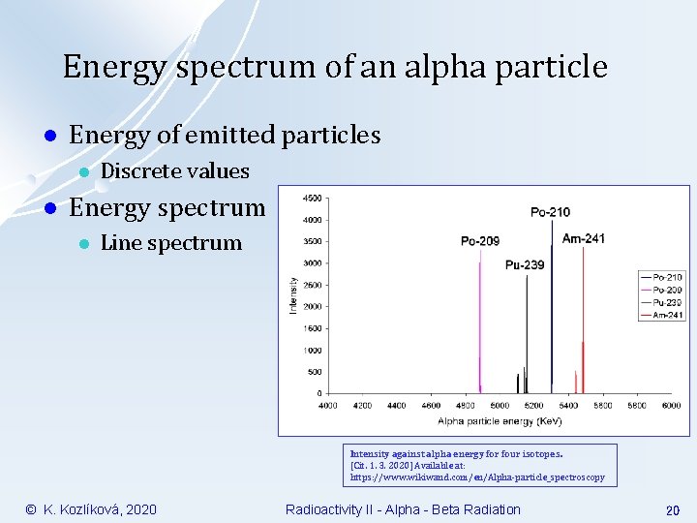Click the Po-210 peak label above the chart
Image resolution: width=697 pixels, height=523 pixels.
550,212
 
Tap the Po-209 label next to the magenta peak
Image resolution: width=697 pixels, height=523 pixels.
480,241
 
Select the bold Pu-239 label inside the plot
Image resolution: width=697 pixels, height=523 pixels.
524,264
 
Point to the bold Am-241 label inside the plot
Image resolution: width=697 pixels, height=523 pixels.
584,239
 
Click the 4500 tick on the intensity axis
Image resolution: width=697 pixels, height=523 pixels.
314,198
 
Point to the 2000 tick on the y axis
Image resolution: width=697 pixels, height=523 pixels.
314,307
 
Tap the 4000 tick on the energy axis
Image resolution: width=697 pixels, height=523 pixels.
328,406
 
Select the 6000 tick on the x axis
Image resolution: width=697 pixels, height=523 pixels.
671,406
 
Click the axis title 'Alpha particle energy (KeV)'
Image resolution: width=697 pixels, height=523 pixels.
500,421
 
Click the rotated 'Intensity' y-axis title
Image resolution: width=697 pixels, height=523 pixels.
294,295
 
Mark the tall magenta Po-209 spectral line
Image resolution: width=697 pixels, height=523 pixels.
480,320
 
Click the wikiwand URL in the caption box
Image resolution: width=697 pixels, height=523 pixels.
476,477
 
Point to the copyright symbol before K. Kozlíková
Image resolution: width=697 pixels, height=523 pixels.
30,509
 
